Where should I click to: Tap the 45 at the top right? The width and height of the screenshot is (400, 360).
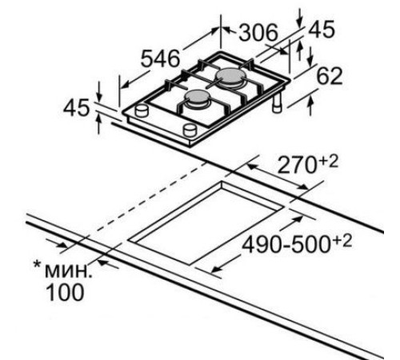pos(322,30)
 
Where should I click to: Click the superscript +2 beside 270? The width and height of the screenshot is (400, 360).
pos(328,160)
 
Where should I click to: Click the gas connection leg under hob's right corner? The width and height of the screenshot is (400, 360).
pos(278,106)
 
